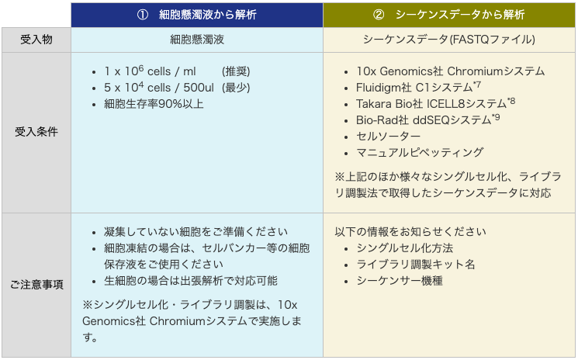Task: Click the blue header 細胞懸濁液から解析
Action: click(207, 15)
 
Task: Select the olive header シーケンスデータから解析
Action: click(459, 15)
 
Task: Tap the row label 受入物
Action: click(36, 40)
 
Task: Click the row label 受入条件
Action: click(36, 132)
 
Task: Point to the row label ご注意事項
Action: click(36, 285)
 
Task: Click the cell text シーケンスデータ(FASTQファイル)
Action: click(449, 40)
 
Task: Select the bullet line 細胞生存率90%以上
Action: click(154, 104)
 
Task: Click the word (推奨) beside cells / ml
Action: click(236, 71)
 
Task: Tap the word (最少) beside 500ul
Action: click(236, 88)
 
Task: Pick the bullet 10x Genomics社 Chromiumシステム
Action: click(450, 71)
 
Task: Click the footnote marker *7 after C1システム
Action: click(477, 85)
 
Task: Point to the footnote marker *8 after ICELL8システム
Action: click(511, 101)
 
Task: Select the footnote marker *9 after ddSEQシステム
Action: click(496, 117)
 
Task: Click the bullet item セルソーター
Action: click(388, 137)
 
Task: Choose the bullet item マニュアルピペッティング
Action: click(420, 153)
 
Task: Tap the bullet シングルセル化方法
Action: click(404, 248)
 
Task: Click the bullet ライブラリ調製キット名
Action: click(415, 265)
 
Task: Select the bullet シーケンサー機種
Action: click(400, 281)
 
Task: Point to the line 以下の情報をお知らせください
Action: click(410, 232)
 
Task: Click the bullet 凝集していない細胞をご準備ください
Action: click(196, 232)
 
